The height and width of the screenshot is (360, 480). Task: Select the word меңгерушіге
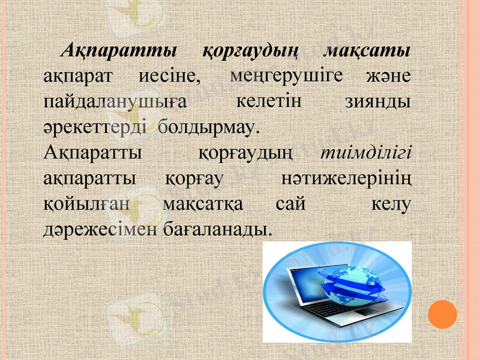(x=286, y=76)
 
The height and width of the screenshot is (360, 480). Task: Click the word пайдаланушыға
(x=114, y=102)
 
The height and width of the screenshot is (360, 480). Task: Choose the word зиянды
(x=378, y=102)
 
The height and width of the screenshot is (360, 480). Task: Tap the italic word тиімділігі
(x=366, y=152)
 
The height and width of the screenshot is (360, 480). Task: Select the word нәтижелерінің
(x=346, y=178)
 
